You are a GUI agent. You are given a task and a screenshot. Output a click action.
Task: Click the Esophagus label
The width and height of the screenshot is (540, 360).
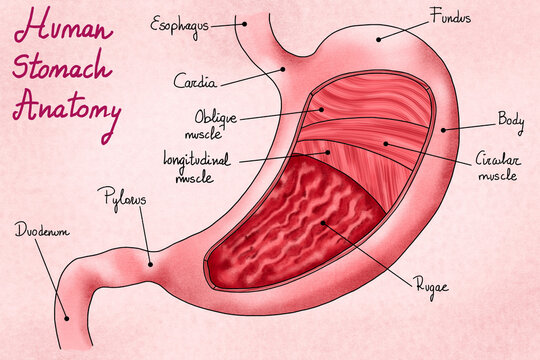(x=179, y=22)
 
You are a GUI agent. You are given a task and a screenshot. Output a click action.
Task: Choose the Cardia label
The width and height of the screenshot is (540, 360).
(x=194, y=79)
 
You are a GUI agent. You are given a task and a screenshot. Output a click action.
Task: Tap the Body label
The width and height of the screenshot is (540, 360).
(x=511, y=120)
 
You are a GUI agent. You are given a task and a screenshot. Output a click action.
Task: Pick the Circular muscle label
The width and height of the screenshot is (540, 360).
(x=496, y=167)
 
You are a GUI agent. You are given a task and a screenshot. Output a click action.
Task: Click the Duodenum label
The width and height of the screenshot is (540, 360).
(x=40, y=231)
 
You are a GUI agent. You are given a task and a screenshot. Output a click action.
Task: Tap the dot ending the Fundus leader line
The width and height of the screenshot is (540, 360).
(x=379, y=39)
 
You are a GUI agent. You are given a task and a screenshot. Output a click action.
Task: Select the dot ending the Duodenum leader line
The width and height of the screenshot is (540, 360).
(x=66, y=318)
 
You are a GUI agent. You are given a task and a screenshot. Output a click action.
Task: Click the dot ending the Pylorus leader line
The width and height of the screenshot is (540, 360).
(x=150, y=264)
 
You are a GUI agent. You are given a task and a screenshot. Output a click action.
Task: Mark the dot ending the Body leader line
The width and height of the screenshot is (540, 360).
(x=443, y=129)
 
